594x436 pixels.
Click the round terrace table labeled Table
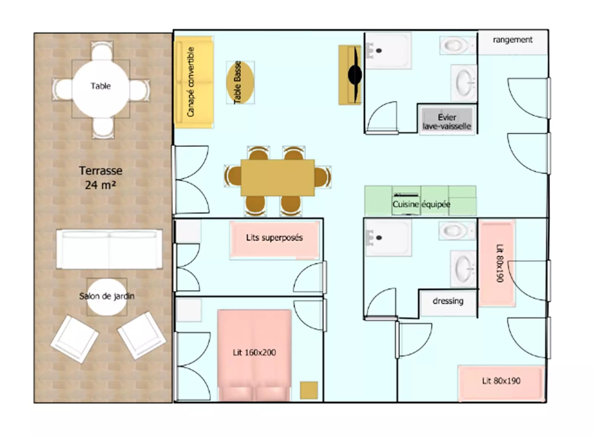(101, 89)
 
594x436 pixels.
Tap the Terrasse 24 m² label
(100, 178)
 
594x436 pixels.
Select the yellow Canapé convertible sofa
(194, 82)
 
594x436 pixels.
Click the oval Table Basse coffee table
(240, 82)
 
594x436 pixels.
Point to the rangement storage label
(513, 40)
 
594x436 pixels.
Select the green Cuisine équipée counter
(420, 201)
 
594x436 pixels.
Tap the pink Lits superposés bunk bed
(274, 239)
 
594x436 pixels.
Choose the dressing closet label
(448, 301)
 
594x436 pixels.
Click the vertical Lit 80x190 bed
(497, 263)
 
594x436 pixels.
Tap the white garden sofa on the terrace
(109, 249)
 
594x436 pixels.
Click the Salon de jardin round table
(107, 297)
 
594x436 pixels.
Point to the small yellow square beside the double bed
(309, 390)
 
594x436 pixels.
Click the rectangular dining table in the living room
(278, 177)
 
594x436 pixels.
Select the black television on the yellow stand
(355, 75)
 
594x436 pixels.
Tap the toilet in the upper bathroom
(456, 45)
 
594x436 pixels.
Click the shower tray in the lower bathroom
(388, 238)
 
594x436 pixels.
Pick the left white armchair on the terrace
(74, 339)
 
